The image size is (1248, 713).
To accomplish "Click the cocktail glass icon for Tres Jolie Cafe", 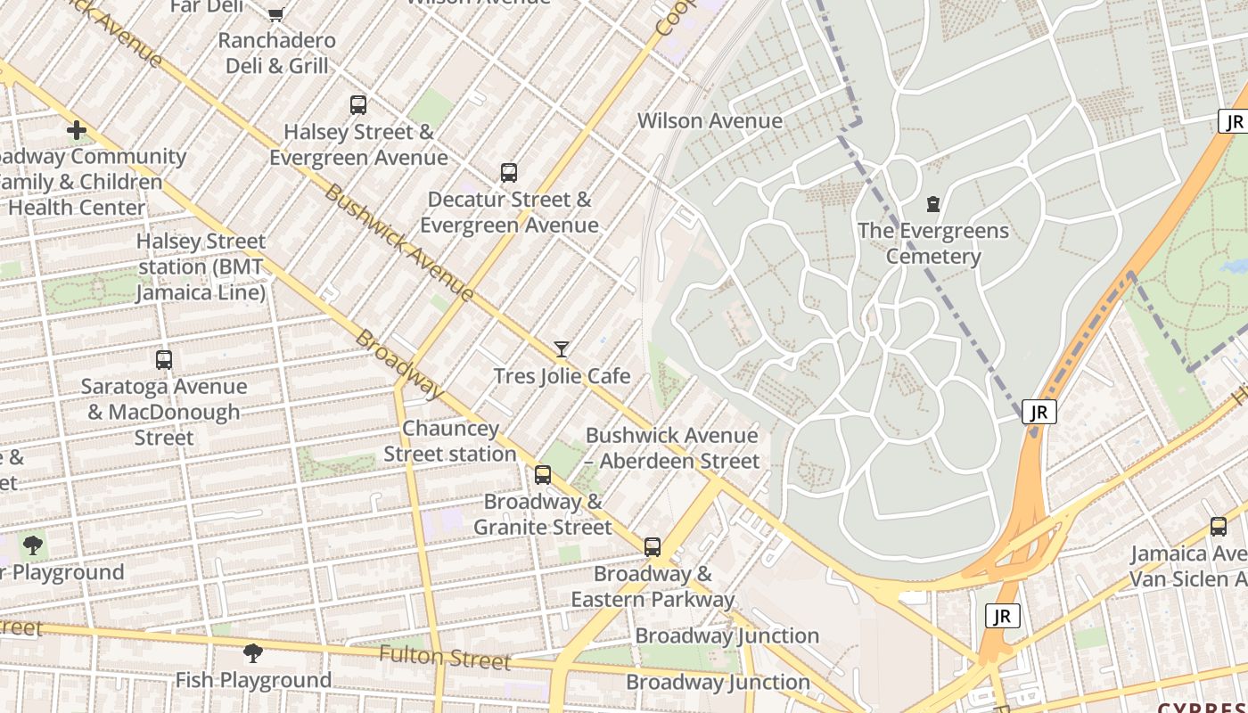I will pyautogui.click(x=562, y=349).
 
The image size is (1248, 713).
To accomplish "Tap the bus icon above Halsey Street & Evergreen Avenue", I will pyautogui.click(x=358, y=105).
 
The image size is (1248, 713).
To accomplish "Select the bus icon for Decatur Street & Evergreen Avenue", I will pyautogui.click(x=509, y=173).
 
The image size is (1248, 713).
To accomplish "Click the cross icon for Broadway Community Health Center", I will pyautogui.click(x=77, y=131).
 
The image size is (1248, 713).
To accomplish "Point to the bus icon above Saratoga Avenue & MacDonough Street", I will pyautogui.click(x=164, y=360).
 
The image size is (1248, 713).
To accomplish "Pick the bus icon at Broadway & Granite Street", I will pyautogui.click(x=543, y=475).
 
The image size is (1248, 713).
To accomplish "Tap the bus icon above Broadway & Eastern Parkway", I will pyautogui.click(x=653, y=547).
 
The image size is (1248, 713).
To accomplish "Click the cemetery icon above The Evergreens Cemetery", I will pyautogui.click(x=933, y=204).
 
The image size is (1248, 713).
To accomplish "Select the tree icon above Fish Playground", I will pyautogui.click(x=253, y=653).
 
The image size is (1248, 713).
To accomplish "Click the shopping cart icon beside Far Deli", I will pyautogui.click(x=276, y=12).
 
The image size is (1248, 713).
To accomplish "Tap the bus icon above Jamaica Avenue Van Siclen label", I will pyautogui.click(x=1219, y=527).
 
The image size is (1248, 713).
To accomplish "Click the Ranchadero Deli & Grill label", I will pyautogui.click(x=276, y=53).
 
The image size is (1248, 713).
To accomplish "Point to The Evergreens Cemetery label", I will pyautogui.click(x=933, y=243).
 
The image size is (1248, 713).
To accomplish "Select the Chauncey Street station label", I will pyautogui.click(x=450, y=441).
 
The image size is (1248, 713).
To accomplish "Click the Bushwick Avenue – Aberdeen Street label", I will pyautogui.click(x=672, y=448).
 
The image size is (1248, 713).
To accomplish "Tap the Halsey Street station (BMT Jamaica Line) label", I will pyautogui.click(x=201, y=266).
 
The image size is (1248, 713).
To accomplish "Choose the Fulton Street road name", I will pyautogui.click(x=444, y=659).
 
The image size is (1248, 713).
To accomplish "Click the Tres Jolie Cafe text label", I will pyautogui.click(x=562, y=376).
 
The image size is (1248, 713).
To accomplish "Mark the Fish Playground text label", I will pyautogui.click(x=253, y=680).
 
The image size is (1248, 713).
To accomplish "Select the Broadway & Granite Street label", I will pyautogui.click(x=543, y=514).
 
